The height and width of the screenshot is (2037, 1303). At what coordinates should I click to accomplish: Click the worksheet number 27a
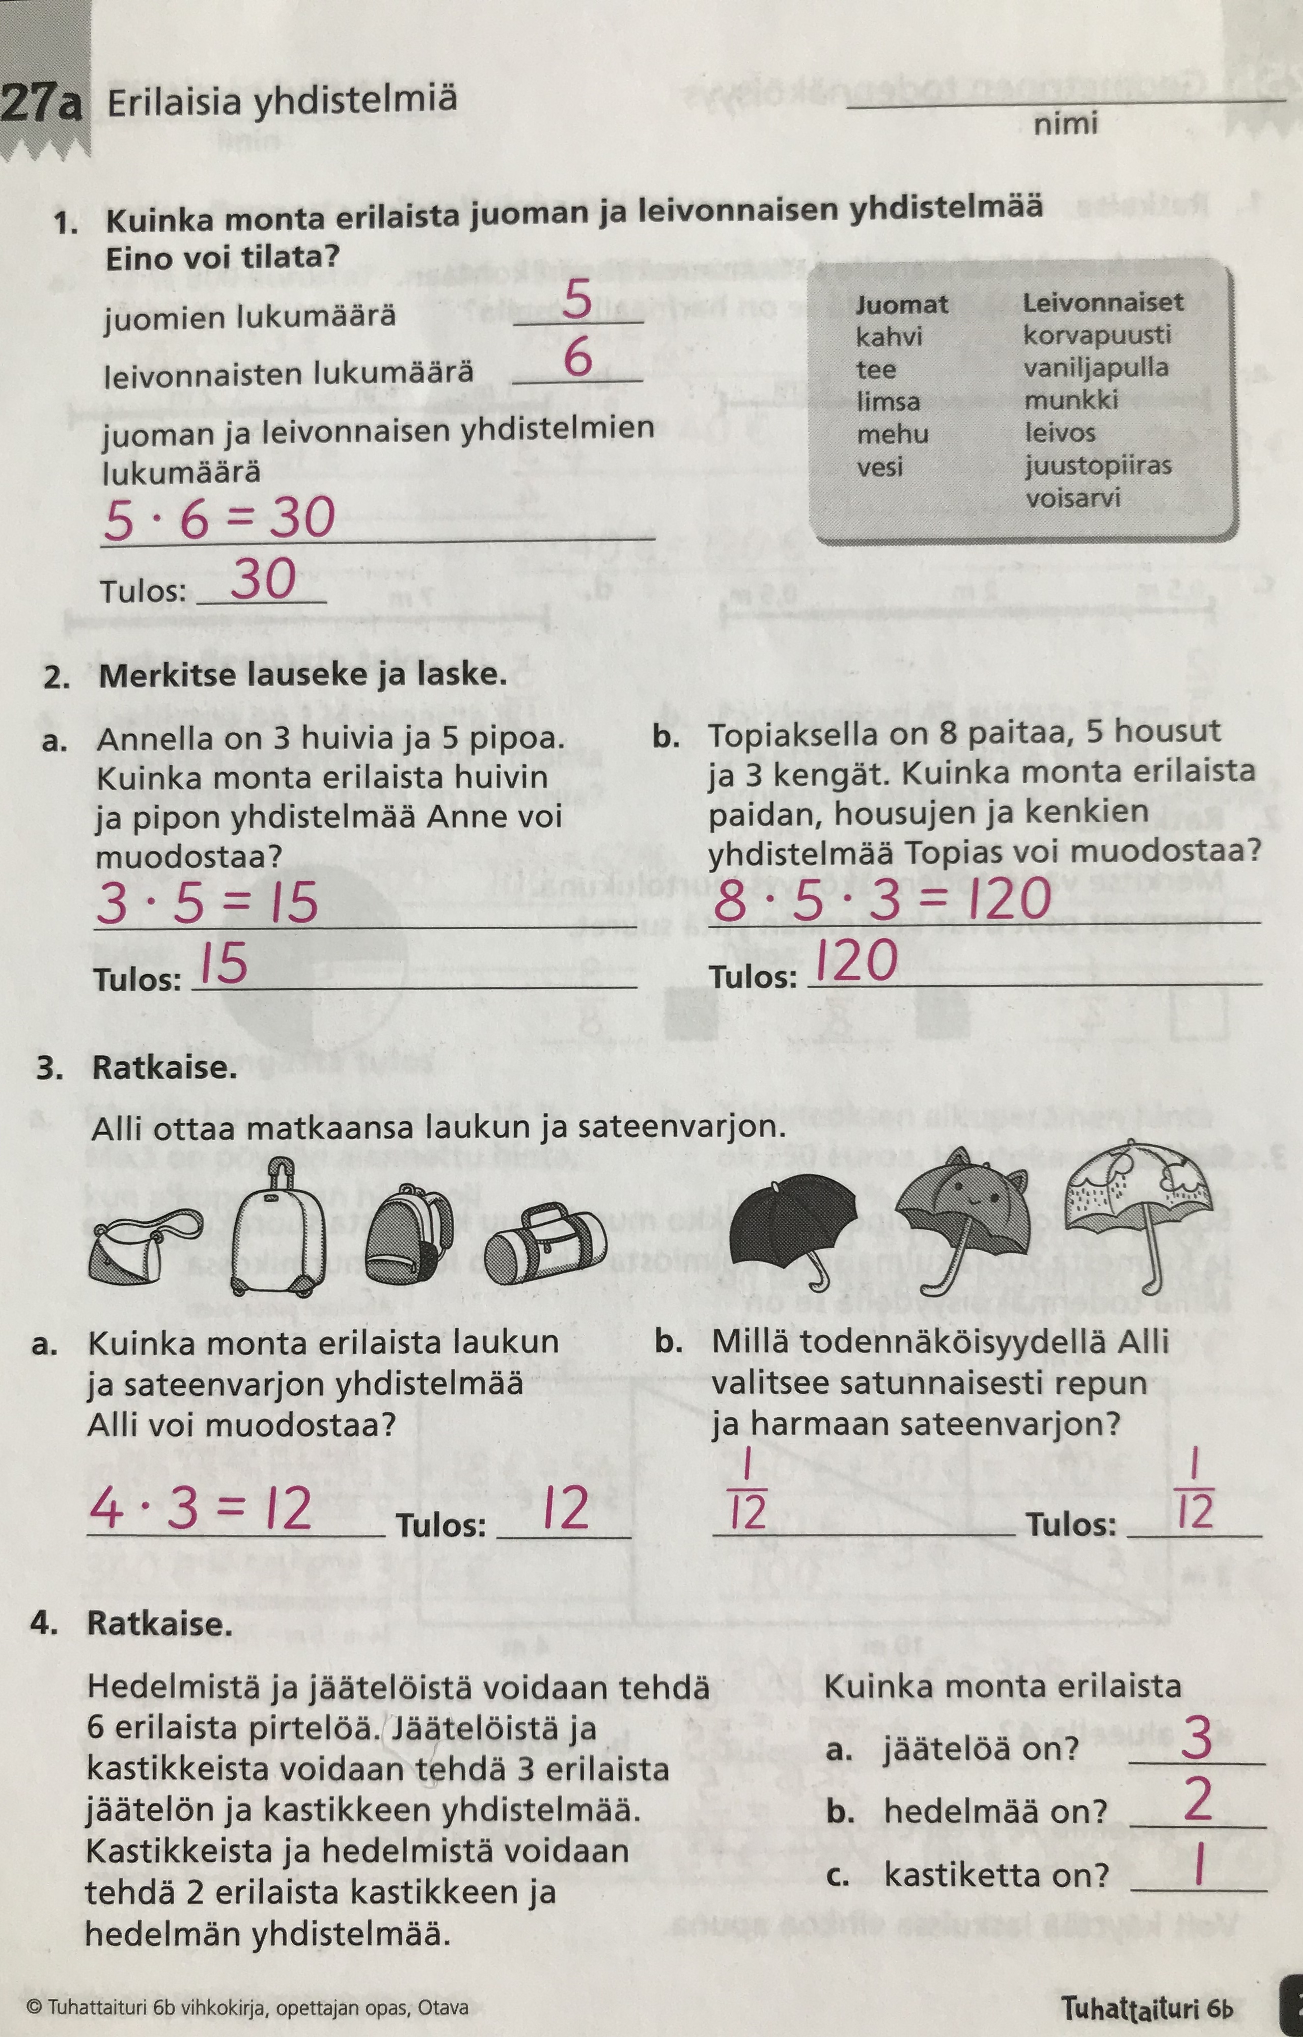42,104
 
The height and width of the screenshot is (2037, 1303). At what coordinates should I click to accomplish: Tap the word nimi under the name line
1065,124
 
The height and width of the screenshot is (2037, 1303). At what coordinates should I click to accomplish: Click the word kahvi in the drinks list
889,337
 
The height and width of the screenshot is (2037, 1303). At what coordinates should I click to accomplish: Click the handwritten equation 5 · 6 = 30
218,518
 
